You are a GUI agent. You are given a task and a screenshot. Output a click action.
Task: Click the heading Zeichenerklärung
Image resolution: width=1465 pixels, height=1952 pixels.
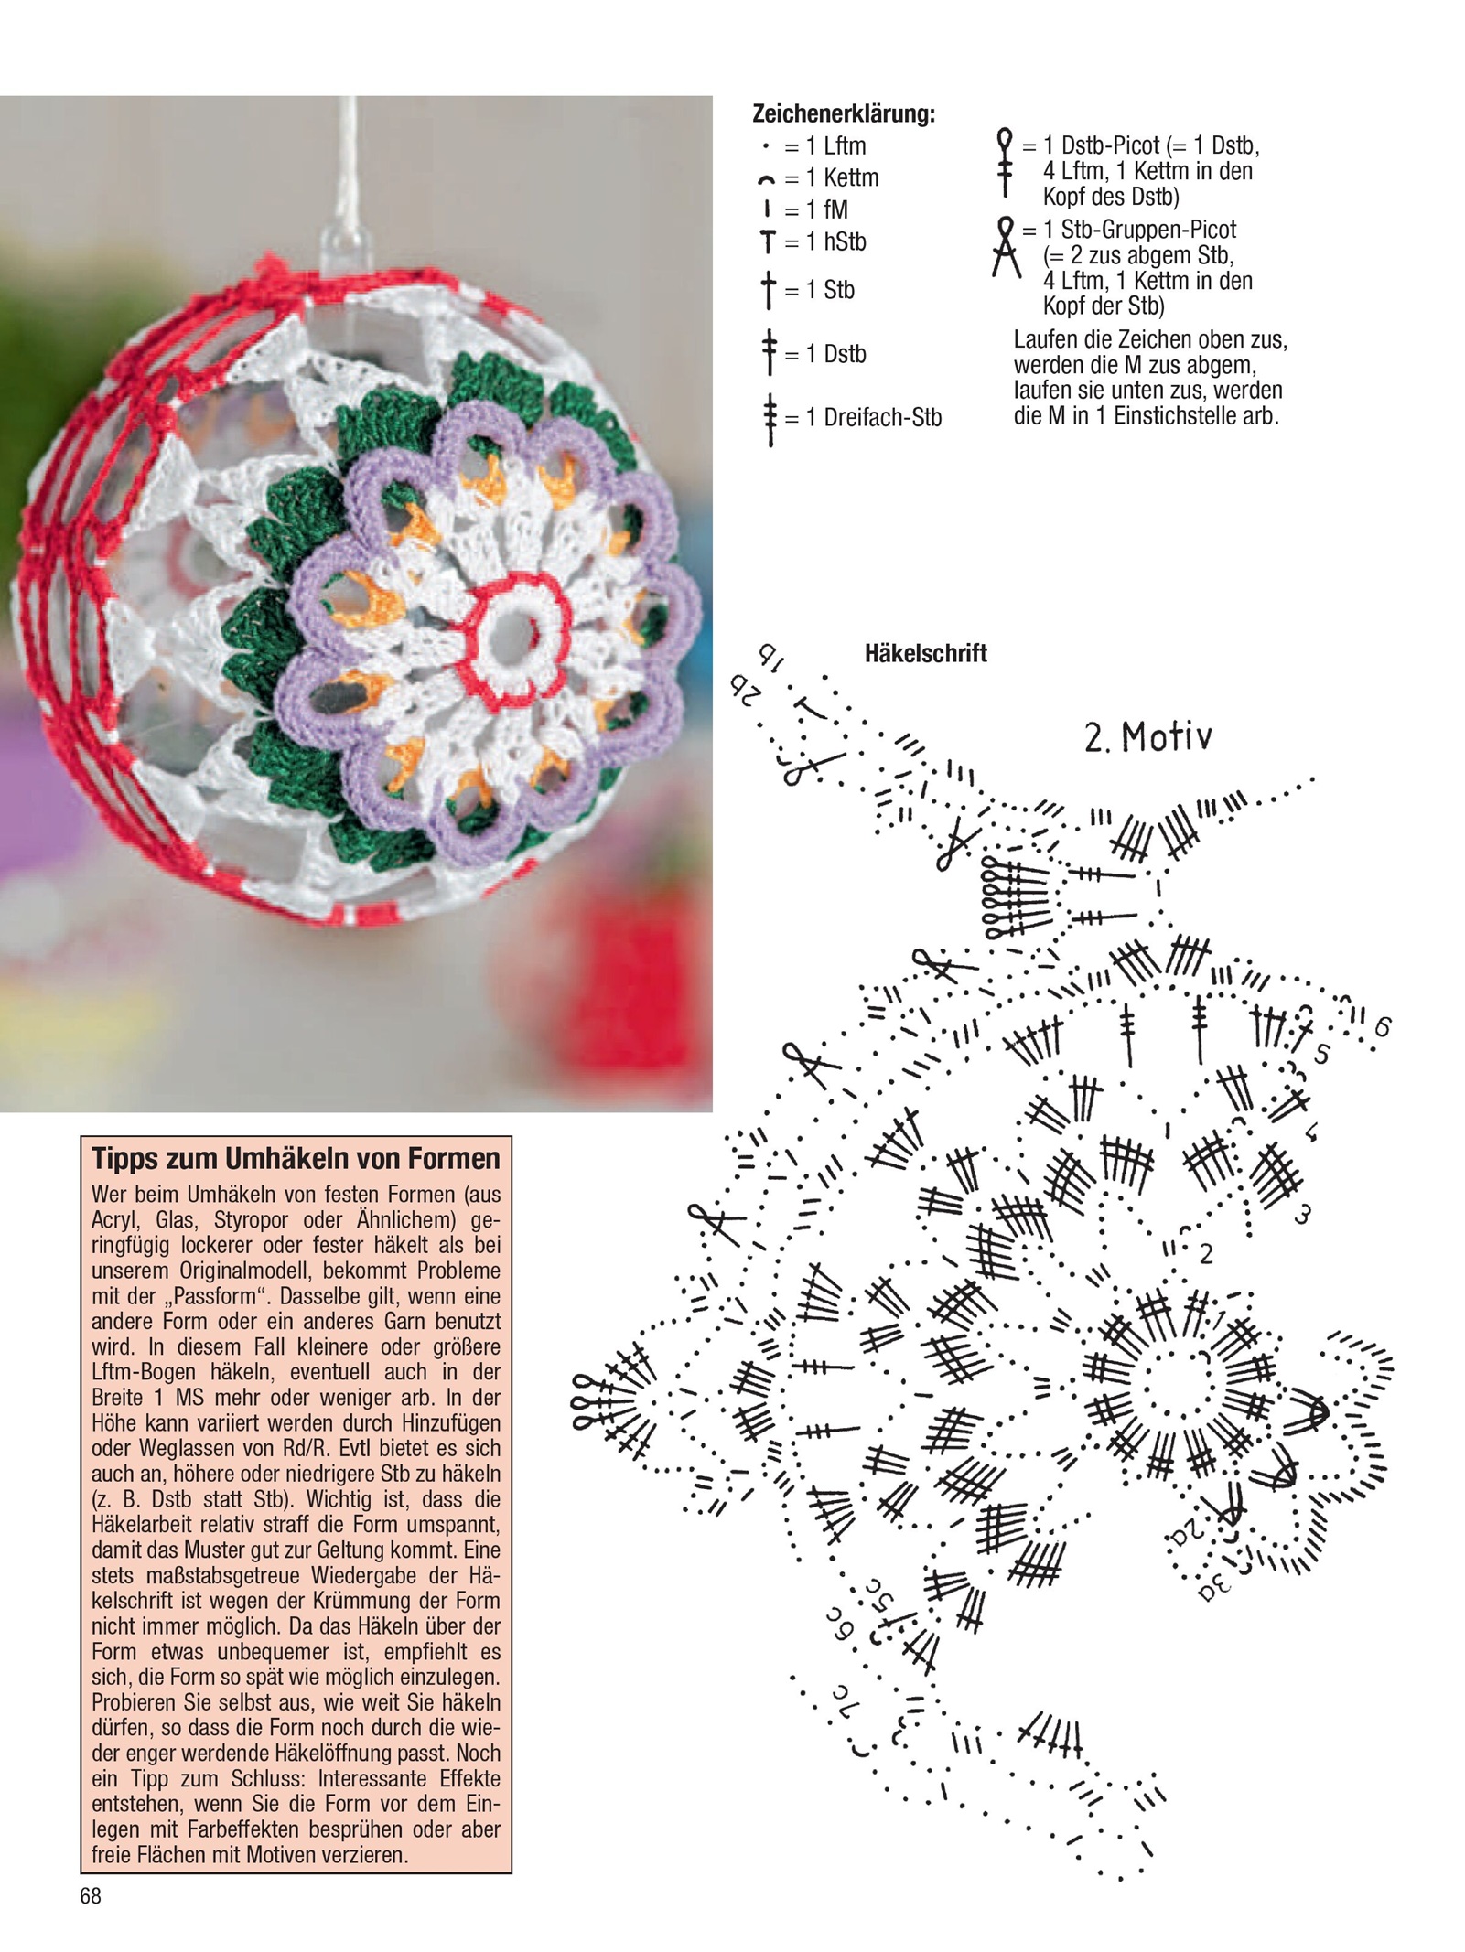click(843, 114)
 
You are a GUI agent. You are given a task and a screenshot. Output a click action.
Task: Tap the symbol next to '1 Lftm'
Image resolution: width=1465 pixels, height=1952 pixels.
click(765, 146)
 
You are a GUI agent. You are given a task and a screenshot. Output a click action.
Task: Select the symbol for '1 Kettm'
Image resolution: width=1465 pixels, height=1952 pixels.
click(766, 179)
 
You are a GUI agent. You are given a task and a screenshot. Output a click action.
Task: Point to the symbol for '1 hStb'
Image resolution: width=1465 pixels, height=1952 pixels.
click(767, 242)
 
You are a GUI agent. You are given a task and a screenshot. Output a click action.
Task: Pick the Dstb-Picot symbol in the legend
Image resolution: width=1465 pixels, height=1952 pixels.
click(1005, 163)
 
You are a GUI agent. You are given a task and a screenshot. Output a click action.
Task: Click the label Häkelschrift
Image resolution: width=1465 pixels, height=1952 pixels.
click(925, 653)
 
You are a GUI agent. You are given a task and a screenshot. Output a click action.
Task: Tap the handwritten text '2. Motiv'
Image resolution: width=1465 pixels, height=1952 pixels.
click(1148, 737)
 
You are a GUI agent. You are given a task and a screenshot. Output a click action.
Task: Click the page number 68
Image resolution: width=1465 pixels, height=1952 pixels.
click(91, 1896)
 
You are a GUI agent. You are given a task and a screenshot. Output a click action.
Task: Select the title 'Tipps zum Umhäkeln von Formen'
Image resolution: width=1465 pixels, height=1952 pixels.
click(296, 1159)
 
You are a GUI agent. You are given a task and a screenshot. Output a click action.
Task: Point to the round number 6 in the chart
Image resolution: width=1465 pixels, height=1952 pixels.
click(1382, 1027)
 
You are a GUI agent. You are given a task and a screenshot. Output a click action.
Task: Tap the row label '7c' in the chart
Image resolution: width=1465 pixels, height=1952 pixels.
click(842, 1693)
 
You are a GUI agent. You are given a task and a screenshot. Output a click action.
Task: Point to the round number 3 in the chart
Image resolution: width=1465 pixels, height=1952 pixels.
click(1303, 1215)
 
